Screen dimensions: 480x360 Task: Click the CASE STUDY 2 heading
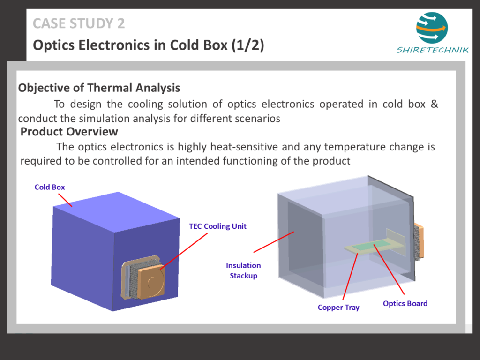click(79, 23)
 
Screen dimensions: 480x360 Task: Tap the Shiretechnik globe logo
click(432, 28)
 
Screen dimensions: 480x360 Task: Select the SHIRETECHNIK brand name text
click(432, 50)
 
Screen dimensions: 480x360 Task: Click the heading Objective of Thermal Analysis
click(99, 88)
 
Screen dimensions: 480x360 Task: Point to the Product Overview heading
click(69, 132)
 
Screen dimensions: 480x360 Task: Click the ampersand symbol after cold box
click(435, 104)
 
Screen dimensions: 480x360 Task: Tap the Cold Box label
click(50, 187)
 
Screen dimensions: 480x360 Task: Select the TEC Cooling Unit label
click(217, 226)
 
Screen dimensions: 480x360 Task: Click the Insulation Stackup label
click(243, 270)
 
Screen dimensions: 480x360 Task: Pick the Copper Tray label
click(338, 307)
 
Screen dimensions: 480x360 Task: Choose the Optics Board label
click(405, 303)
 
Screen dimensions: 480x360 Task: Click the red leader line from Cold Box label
click(65, 200)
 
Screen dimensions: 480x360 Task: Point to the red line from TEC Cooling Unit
click(184, 251)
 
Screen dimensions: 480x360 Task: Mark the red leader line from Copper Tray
click(350, 277)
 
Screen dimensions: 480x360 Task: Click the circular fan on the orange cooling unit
click(155, 282)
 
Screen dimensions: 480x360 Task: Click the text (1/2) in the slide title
click(247, 45)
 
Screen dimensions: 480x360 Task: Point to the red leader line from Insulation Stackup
click(274, 242)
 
